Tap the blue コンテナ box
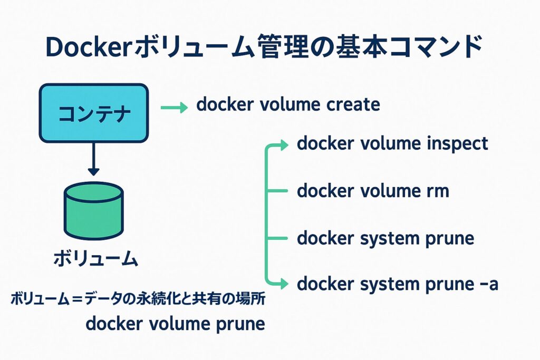[x=93, y=113]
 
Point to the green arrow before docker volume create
[x=174, y=108]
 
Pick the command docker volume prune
[x=175, y=323]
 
